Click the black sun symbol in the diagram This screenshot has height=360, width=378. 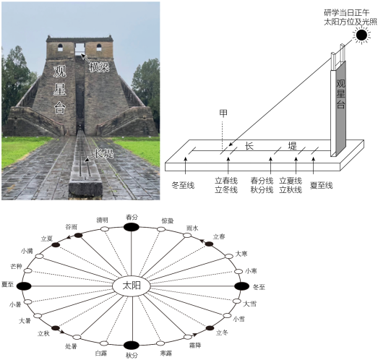pos(361,35)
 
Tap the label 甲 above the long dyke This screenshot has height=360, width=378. pos(223,113)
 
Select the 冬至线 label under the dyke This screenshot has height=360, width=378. pos(183,186)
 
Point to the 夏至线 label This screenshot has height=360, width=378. pos(322,185)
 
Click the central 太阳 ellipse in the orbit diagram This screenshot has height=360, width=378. pos(132,286)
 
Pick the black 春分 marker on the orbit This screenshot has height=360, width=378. pos(132,227)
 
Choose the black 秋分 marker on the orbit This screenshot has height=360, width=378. pos(132,346)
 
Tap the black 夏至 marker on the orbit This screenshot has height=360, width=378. pos(24,286)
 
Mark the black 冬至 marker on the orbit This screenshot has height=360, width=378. pos(242,286)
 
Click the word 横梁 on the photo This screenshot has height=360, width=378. pos(99,67)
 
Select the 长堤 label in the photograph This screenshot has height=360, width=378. pos(104,153)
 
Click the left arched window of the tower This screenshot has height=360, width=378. pos(60,48)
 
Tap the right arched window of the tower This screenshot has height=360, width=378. pos(99,47)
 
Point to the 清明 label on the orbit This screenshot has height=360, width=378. pos(102,220)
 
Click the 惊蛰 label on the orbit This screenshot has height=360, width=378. pos(168,220)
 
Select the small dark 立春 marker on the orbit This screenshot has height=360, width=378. pos(209,244)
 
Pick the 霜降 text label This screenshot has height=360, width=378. pos(195,346)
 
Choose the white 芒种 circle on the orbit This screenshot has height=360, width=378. pos(28,270)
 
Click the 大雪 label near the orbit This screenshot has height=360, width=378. pos(250,304)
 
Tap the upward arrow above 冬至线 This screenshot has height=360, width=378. pos(185,165)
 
